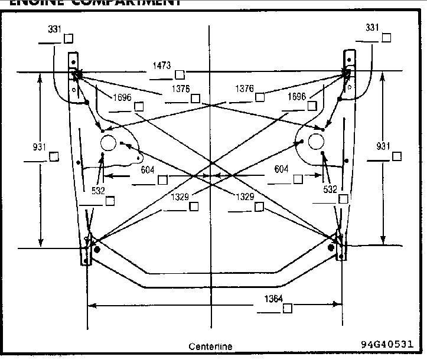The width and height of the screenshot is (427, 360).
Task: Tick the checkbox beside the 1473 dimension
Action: click(x=180, y=74)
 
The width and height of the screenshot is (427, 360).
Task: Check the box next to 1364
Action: click(x=288, y=309)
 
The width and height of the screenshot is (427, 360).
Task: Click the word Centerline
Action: click(x=210, y=346)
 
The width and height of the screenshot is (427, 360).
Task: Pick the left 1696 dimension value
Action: click(x=123, y=97)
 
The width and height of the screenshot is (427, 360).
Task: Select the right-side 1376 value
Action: click(x=245, y=89)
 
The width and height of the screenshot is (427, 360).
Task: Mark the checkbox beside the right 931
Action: click(x=396, y=156)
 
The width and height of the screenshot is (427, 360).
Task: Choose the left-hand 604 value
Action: click(x=148, y=169)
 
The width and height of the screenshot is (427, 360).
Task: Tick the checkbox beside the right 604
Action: click(x=298, y=179)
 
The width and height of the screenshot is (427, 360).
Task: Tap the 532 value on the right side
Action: click(x=330, y=189)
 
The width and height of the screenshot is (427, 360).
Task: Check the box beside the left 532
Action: click(x=110, y=200)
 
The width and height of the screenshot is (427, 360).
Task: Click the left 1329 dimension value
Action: click(x=180, y=197)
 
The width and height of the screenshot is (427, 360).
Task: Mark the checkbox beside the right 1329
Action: click(x=259, y=206)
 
